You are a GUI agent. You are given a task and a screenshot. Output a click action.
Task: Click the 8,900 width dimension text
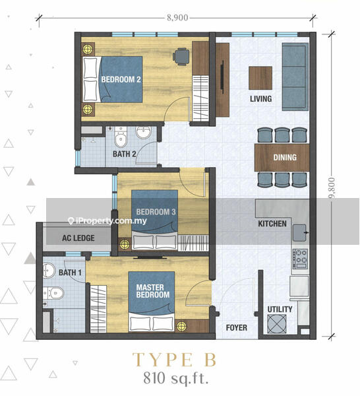pos(177,18)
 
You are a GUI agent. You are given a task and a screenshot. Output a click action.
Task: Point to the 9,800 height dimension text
pos(332,187)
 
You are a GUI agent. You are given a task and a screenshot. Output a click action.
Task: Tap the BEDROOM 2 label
pos(121,80)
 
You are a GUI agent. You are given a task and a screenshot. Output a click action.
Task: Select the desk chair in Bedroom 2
pos(181,57)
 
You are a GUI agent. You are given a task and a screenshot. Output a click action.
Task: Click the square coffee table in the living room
pos(260,78)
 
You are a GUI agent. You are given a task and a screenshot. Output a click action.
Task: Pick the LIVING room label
pos(261,98)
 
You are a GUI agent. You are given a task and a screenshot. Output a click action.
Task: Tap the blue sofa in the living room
pos(295,77)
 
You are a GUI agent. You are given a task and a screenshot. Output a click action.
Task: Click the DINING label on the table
pos(285,157)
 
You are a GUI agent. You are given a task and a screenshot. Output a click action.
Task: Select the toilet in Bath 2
pos(121,137)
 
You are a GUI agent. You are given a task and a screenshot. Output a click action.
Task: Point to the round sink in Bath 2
pos(144,133)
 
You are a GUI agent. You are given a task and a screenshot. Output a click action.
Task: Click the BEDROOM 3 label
pos(156,212)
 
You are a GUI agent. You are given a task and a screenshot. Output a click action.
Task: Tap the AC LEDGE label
pos(78,238)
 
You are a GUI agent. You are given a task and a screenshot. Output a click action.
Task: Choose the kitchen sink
pos(300,232)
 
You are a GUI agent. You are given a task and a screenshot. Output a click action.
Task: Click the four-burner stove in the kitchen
pos(300,259)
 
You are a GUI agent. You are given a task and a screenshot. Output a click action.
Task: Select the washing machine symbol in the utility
pos(277,324)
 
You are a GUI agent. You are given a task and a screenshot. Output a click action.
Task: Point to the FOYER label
pos(237,327)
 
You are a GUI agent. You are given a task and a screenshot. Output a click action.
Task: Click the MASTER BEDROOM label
pos(153,291)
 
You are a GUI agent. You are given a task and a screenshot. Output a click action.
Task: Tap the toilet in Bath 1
pos(53,293)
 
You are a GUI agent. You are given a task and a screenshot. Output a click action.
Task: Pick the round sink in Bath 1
pos(49,271)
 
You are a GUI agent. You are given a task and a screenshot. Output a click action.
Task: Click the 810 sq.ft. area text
pos(176,379)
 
